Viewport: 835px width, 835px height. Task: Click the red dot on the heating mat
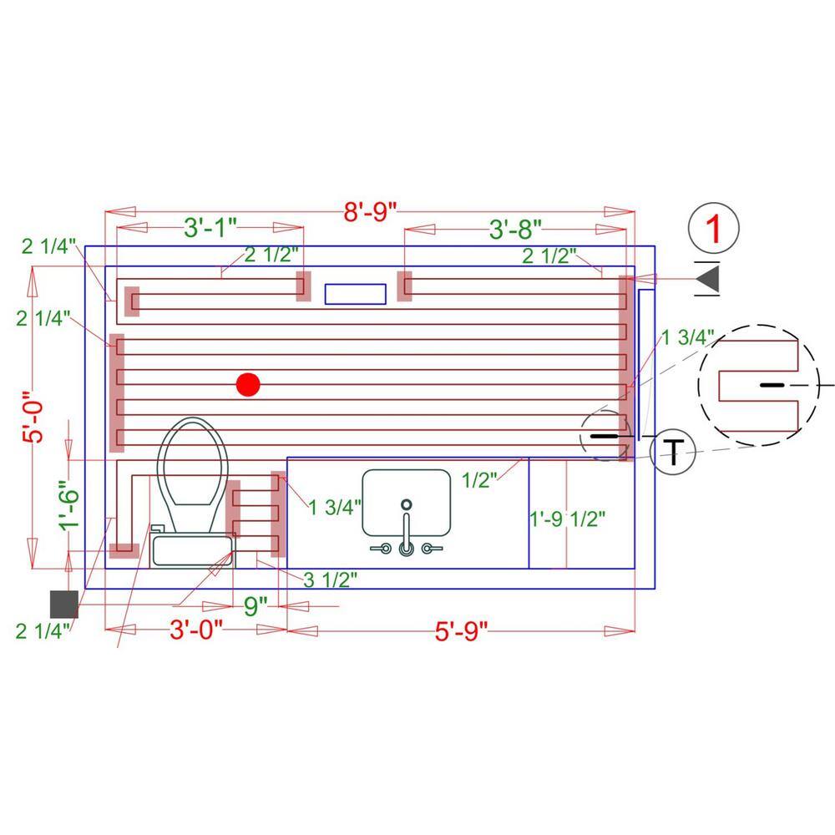[x=248, y=384]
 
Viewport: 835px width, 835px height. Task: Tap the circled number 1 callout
[x=714, y=228]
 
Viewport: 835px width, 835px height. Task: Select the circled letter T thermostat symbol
[x=673, y=452]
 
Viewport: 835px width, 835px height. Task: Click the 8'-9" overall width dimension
[x=370, y=211]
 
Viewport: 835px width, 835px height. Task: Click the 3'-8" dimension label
[x=515, y=230]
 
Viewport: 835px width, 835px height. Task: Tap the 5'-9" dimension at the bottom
[x=461, y=631]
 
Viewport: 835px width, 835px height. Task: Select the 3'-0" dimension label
[x=196, y=630]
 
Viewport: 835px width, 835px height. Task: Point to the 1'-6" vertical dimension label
[x=69, y=506]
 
